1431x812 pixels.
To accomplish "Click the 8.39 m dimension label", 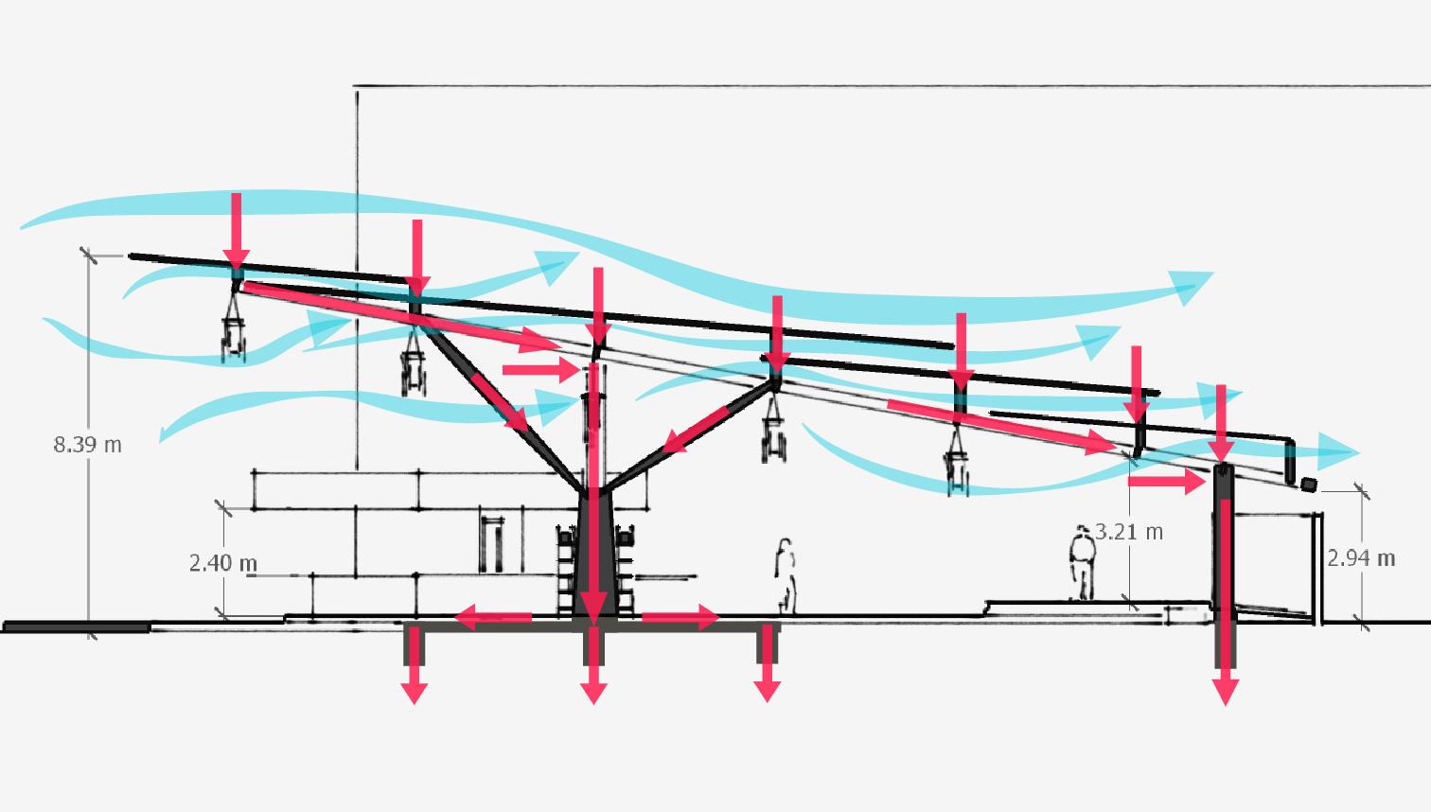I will (87, 444).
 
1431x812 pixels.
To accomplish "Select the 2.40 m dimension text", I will (223, 563).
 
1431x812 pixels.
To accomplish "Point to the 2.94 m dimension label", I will (1361, 558).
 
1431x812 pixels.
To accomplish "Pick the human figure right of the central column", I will (785, 575).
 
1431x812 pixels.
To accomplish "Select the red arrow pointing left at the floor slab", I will (492, 619).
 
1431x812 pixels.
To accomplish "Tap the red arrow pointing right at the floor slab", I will (680, 619).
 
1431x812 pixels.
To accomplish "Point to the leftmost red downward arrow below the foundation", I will (414, 677).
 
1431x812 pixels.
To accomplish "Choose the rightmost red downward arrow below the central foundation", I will (767, 677).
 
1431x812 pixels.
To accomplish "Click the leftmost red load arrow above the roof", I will (237, 232).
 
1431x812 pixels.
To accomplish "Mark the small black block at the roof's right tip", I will (1309, 485).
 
